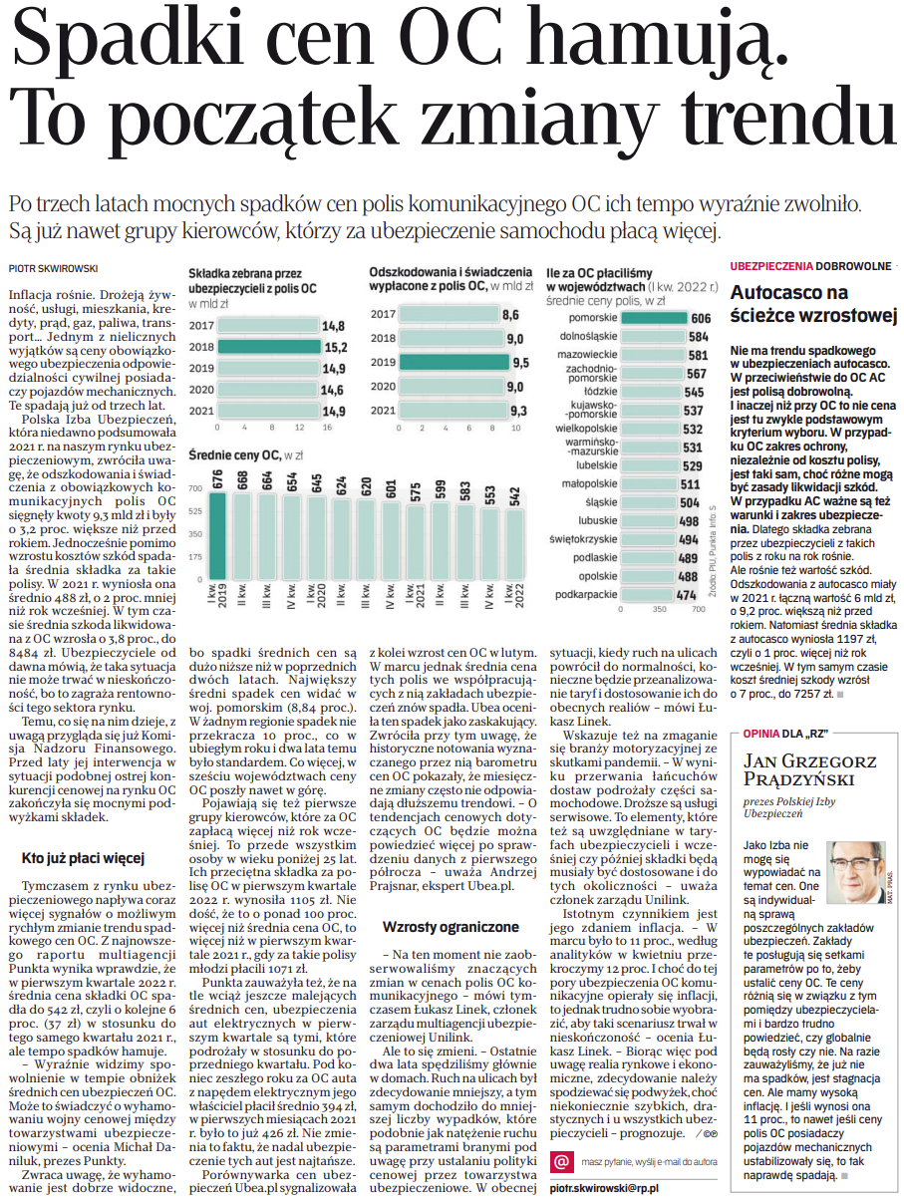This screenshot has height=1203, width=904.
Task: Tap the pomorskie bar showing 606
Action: tap(653, 318)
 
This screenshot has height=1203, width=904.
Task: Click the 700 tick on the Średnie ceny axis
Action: tap(194, 488)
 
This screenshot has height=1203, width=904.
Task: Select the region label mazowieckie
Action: tap(587, 354)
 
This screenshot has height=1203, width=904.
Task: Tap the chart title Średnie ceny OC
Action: tap(246, 454)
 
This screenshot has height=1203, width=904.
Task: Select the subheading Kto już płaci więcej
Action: tap(84, 857)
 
